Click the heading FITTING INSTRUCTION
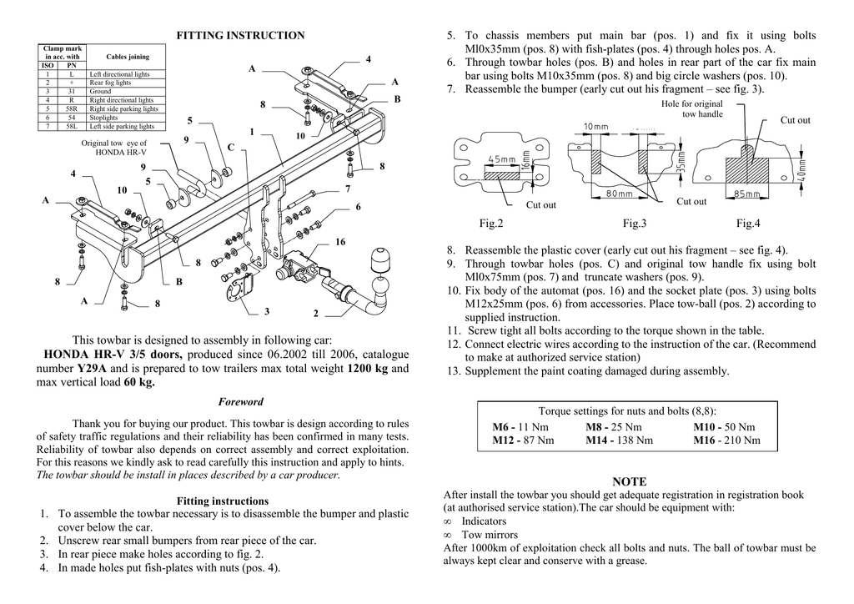(x=240, y=35)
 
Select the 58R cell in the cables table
(x=71, y=109)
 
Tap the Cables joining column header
(x=128, y=57)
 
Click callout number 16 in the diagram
(x=340, y=242)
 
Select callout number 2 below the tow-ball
(x=316, y=313)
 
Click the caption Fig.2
(x=491, y=223)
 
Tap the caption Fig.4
(x=748, y=223)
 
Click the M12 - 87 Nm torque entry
(x=525, y=440)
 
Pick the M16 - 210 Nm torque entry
(x=726, y=440)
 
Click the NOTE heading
(x=629, y=481)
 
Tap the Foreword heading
(x=240, y=401)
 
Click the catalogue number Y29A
(x=93, y=368)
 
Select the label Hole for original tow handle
(x=691, y=108)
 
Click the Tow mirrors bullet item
(x=490, y=535)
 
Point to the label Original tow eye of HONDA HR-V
(x=113, y=148)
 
